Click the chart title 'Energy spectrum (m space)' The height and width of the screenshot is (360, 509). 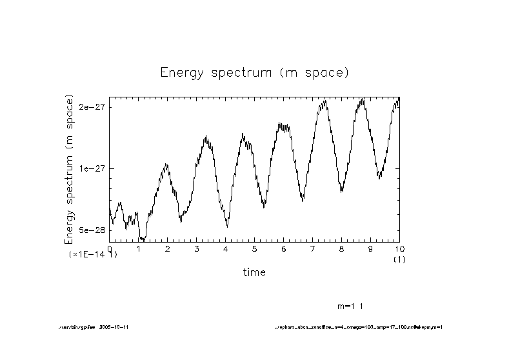pyautogui.click(x=254, y=72)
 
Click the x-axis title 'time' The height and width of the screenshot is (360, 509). pyautogui.click(x=254, y=272)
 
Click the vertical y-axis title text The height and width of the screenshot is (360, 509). pyautogui.click(x=69, y=169)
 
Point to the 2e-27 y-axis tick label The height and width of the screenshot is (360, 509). pyautogui.click(x=92, y=107)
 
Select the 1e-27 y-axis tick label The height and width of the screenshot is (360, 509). pyautogui.click(x=92, y=168)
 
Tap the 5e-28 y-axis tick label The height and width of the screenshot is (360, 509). pyautogui.click(x=92, y=230)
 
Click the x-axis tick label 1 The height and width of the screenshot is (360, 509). pyautogui.click(x=139, y=248)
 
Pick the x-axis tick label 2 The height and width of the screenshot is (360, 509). pyautogui.click(x=168, y=248)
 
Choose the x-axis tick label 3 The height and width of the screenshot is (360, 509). pyautogui.click(x=197, y=248)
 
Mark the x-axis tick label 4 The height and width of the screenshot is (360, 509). pyautogui.click(x=226, y=248)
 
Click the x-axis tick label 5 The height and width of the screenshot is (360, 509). pyautogui.click(x=255, y=248)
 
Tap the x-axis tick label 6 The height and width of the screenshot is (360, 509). pyautogui.click(x=284, y=248)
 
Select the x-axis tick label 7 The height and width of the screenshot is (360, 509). pyautogui.click(x=313, y=248)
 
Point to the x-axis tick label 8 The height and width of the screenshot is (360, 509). pyautogui.click(x=342, y=248)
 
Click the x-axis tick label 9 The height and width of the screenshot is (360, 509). pyautogui.click(x=371, y=248)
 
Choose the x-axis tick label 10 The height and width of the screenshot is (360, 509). pyautogui.click(x=399, y=248)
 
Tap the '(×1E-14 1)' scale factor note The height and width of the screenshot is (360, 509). pyautogui.click(x=93, y=255)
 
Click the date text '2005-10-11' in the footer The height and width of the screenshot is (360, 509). pyautogui.click(x=118, y=327)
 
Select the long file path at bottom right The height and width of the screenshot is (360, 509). pyautogui.click(x=359, y=327)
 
